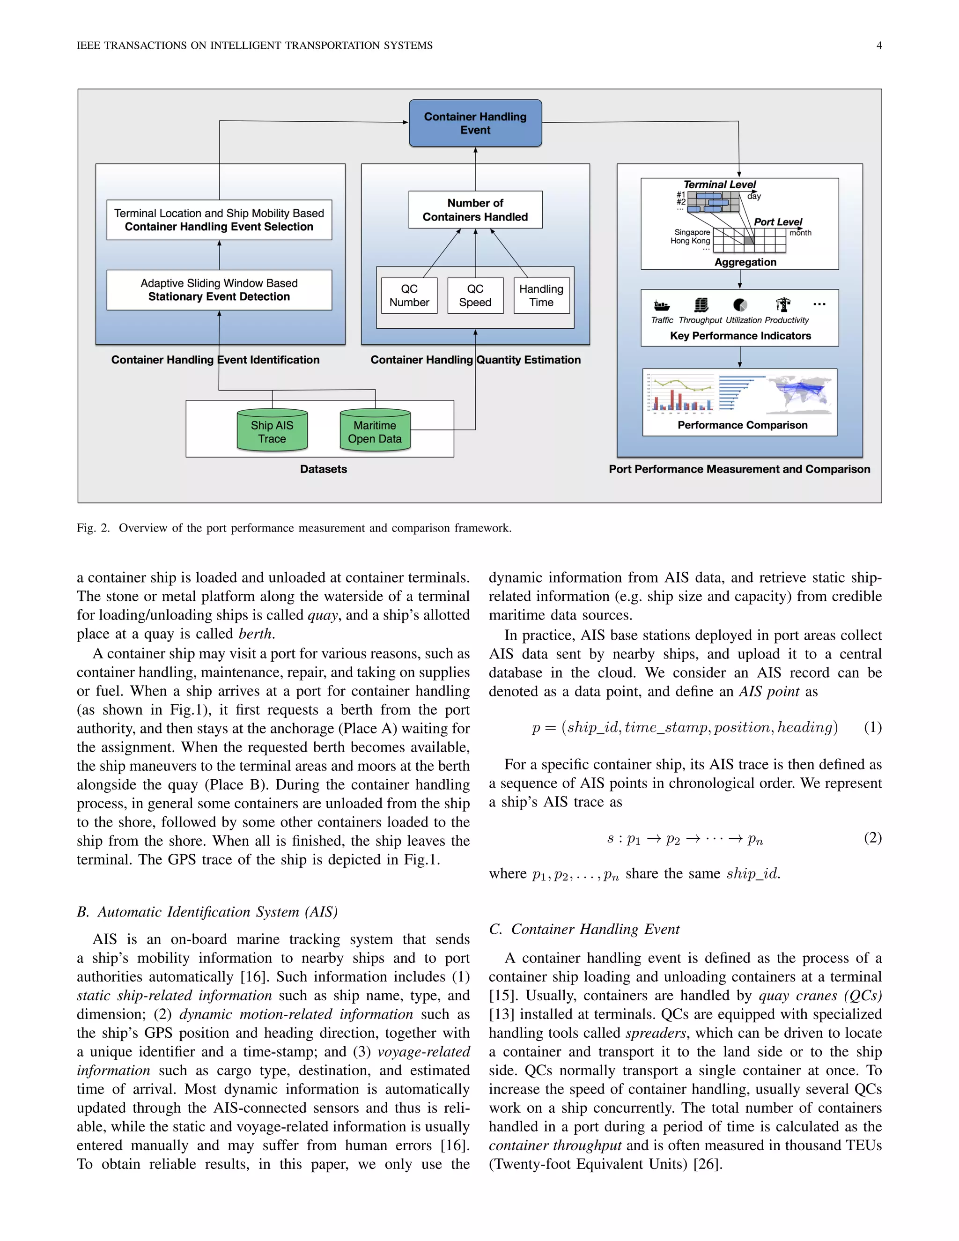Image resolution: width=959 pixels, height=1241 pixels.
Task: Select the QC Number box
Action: point(409,295)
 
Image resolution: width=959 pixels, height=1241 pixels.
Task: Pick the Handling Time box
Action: point(541,295)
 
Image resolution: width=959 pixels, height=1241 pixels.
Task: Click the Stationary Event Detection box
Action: point(219,290)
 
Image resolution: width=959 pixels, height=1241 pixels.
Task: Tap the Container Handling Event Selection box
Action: point(219,220)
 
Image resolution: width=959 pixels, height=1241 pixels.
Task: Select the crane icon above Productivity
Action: point(783,304)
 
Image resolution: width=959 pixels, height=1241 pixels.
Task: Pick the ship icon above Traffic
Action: point(661,305)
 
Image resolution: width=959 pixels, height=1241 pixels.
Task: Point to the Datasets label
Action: point(323,469)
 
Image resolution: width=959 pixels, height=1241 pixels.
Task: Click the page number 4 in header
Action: point(879,45)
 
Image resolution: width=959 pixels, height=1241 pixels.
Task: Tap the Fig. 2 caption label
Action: point(93,528)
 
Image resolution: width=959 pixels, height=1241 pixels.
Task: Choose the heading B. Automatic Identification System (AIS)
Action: point(207,912)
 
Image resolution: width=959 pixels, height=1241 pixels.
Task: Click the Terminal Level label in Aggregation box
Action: point(719,185)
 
